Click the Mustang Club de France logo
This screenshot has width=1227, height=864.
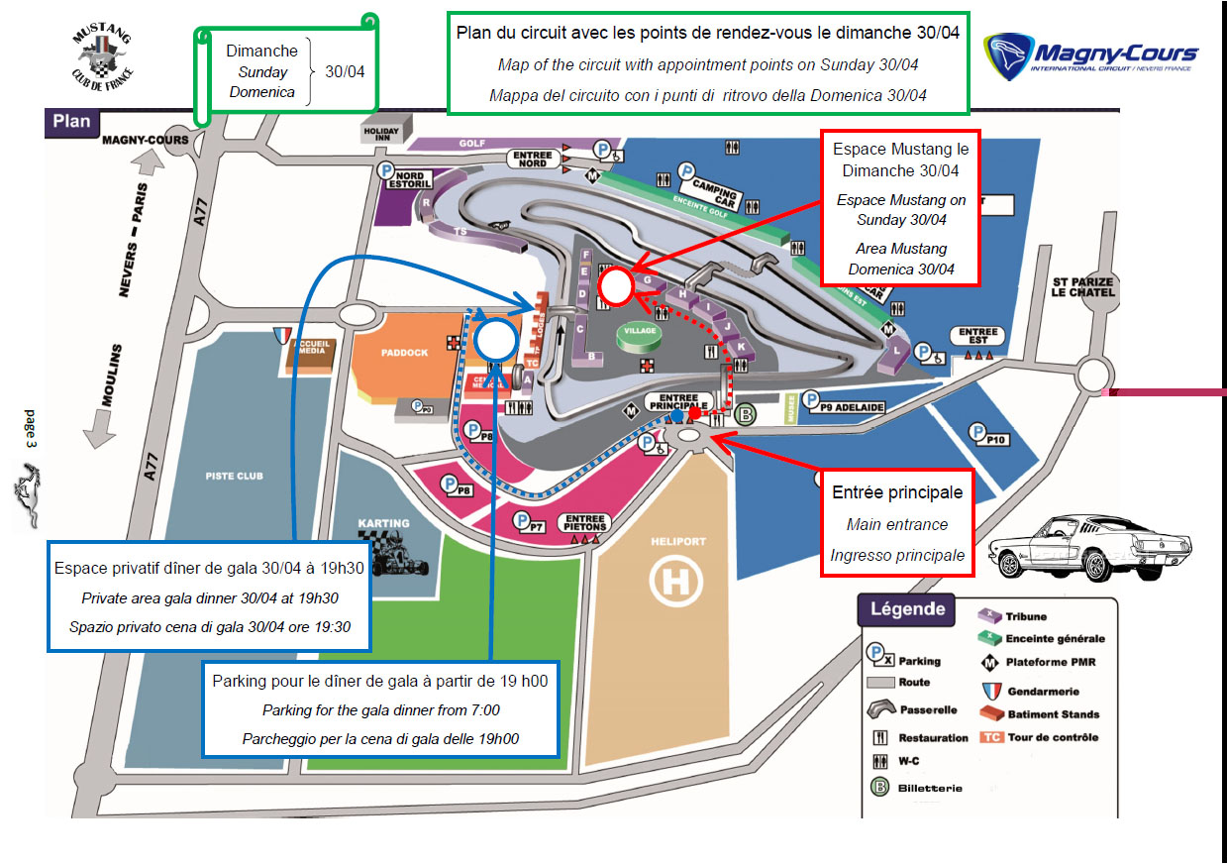103,55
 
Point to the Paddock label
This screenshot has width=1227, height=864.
404,352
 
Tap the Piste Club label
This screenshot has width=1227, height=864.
235,476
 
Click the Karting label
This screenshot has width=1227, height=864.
384,523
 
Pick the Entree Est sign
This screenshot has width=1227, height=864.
978,333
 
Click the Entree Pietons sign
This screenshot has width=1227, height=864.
585,521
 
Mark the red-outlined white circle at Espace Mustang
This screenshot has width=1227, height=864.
616,286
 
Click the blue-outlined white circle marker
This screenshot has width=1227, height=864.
494,340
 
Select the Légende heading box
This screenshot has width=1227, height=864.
907,609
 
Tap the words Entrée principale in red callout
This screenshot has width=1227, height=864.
896,492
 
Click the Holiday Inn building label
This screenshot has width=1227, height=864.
381,133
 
